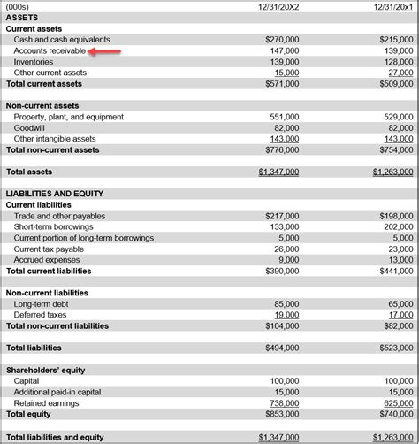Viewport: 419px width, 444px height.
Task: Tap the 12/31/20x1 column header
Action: click(x=393, y=7)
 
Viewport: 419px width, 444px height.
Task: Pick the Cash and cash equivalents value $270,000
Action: click(x=282, y=40)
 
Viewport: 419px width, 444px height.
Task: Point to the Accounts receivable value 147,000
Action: click(x=285, y=51)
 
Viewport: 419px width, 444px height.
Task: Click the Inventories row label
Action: click(x=34, y=62)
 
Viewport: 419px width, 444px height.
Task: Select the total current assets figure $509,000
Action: click(x=395, y=84)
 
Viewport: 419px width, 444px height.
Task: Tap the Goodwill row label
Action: click(x=31, y=128)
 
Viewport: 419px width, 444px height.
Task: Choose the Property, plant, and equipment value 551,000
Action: click(x=285, y=117)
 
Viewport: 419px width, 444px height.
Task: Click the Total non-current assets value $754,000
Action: click(x=395, y=150)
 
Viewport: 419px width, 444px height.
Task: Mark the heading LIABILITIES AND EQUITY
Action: click(x=55, y=194)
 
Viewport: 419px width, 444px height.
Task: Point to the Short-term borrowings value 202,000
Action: click(x=398, y=226)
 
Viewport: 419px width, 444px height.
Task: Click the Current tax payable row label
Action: click(x=50, y=249)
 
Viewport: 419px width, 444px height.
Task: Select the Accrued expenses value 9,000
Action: click(x=288, y=260)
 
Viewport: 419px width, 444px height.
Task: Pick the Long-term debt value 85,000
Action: click(x=286, y=304)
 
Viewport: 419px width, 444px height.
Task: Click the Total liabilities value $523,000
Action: click(x=395, y=348)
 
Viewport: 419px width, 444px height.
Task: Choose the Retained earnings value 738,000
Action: click(x=285, y=402)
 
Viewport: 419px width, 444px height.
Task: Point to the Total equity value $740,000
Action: click(x=395, y=414)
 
